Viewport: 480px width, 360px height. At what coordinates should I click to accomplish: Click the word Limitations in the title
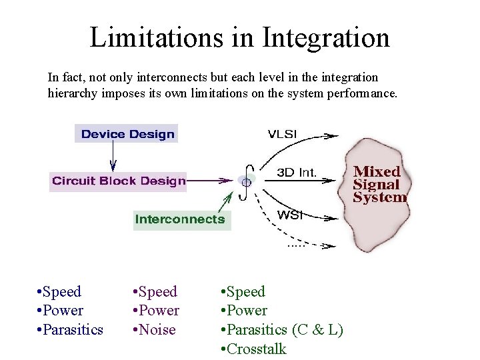pos(155,37)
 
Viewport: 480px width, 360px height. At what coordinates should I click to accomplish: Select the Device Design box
pos(127,134)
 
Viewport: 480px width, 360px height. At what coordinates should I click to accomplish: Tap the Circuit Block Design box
pos(119,181)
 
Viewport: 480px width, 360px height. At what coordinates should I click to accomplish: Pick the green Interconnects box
pos(181,219)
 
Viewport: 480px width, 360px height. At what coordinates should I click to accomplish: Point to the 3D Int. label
pos(297,173)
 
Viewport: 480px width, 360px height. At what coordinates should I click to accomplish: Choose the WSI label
pos(290,215)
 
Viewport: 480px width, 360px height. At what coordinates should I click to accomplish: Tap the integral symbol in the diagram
pos(247,180)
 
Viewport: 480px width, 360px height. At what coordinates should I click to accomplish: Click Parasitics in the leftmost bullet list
pos(73,329)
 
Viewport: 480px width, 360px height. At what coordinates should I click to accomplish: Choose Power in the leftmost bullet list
pos(63,310)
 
